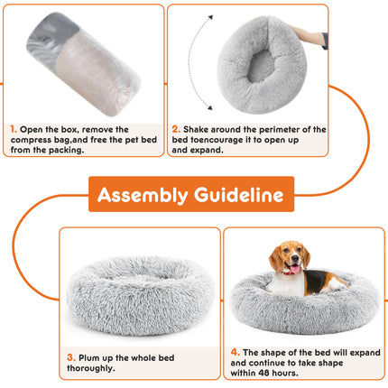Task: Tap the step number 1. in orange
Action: [14, 129]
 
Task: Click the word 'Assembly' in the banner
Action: [143, 195]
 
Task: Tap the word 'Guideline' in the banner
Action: [238, 195]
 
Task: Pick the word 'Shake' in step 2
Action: [201, 129]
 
